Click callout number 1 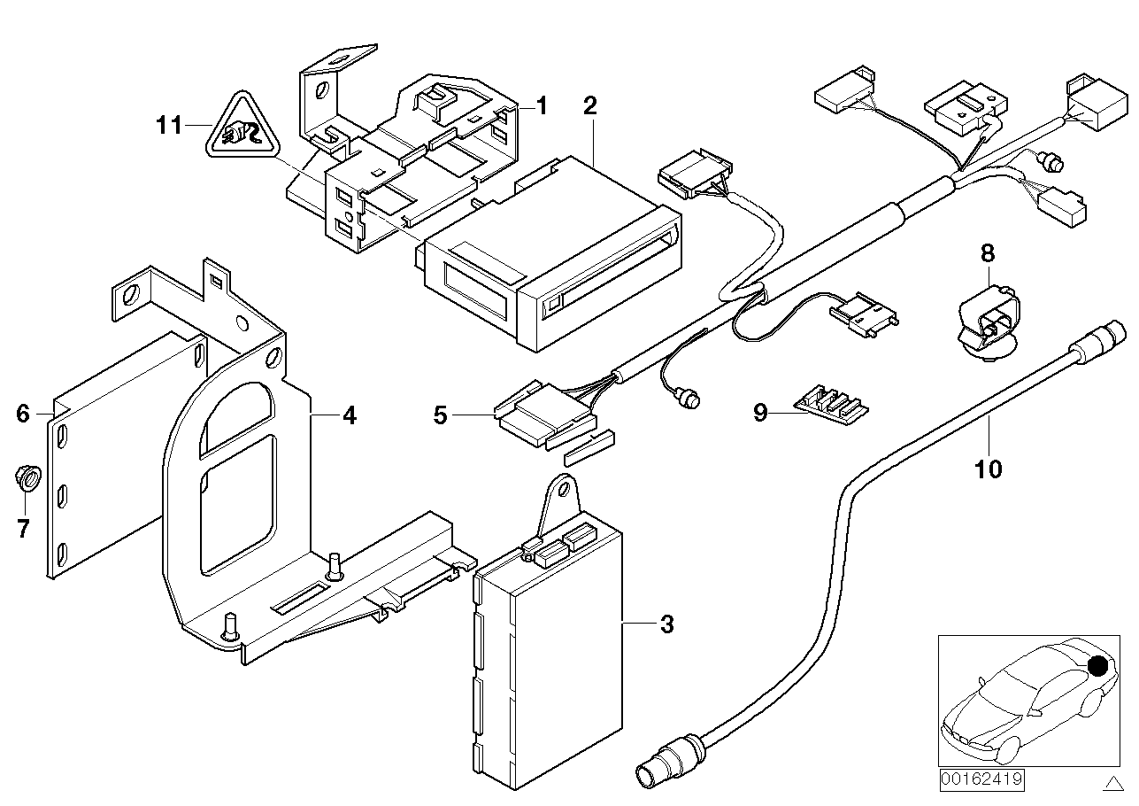pos(541,107)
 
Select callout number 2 pos(590,107)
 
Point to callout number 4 pos(350,415)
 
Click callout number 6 pos(23,413)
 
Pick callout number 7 pos(23,529)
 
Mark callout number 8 pos(987,253)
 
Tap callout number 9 pos(760,413)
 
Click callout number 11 pos(168,126)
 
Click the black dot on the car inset pos(1098,665)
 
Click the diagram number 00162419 pos(981,779)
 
